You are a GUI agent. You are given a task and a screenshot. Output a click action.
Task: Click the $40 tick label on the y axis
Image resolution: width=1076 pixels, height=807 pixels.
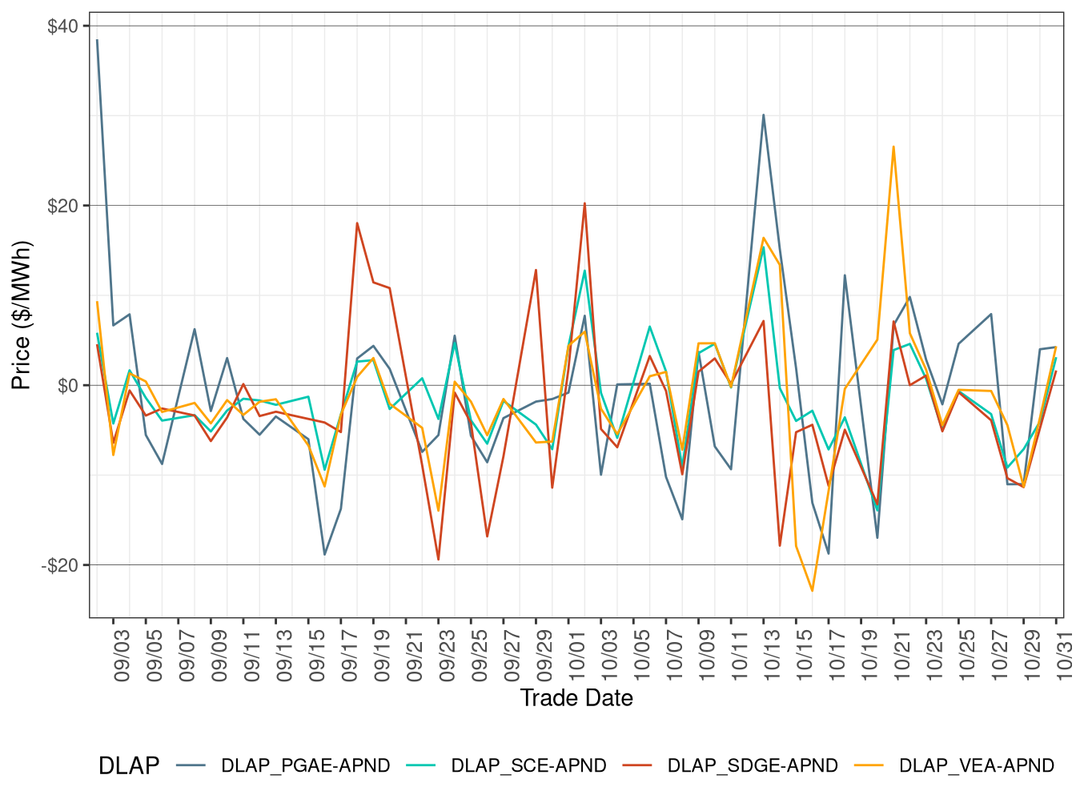(62, 26)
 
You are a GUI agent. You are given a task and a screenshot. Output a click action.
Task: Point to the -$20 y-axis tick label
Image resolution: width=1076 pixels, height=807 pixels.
(60, 565)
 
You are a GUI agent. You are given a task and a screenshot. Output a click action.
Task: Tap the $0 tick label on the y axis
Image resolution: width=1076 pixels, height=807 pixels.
(68, 386)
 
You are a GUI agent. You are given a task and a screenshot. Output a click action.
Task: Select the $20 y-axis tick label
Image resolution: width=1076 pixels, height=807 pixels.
(62, 206)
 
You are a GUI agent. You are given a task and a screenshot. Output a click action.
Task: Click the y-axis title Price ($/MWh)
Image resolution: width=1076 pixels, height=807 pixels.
(21, 315)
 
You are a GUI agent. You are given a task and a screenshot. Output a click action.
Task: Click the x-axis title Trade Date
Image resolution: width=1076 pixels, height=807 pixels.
(576, 698)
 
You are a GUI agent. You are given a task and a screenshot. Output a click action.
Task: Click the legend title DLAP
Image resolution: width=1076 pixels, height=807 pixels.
(128, 766)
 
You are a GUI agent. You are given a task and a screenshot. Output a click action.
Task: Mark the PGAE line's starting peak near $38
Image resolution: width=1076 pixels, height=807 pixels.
(98, 40)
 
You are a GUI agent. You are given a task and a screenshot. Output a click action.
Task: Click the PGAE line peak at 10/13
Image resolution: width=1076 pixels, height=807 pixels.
(763, 114)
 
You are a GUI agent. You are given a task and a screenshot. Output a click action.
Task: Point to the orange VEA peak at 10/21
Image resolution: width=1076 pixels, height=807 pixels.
(893, 147)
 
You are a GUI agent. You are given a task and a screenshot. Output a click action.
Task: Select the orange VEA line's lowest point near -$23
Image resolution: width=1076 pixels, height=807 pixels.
(813, 591)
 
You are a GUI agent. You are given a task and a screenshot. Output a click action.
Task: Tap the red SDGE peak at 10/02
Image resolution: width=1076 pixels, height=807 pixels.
(584, 203)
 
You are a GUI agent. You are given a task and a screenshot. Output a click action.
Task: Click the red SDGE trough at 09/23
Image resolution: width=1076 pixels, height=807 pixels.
(438, 560)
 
